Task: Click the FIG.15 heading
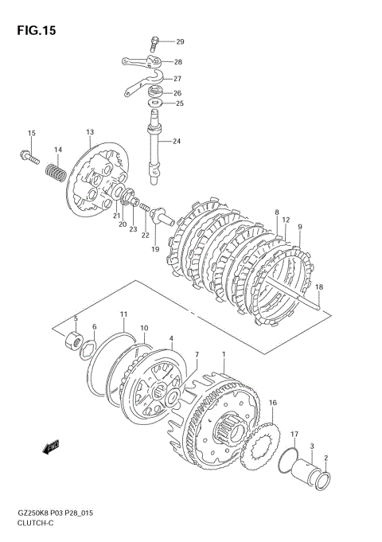(37, 31)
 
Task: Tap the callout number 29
(180, 42)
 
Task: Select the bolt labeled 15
(29, 157)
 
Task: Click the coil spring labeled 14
(56, 173)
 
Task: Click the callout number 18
(319, 287)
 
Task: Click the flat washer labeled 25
(155, 103)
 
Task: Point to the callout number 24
(177, 141)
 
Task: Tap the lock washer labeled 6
(88, 349)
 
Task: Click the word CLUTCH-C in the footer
(35, 523)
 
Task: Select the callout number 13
(90, 132)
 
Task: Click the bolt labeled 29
(154, 44)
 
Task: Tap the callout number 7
(197, 355)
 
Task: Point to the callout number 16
(273, 403)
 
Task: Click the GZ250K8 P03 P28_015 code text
(55, 513)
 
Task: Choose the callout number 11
(124, 314)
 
